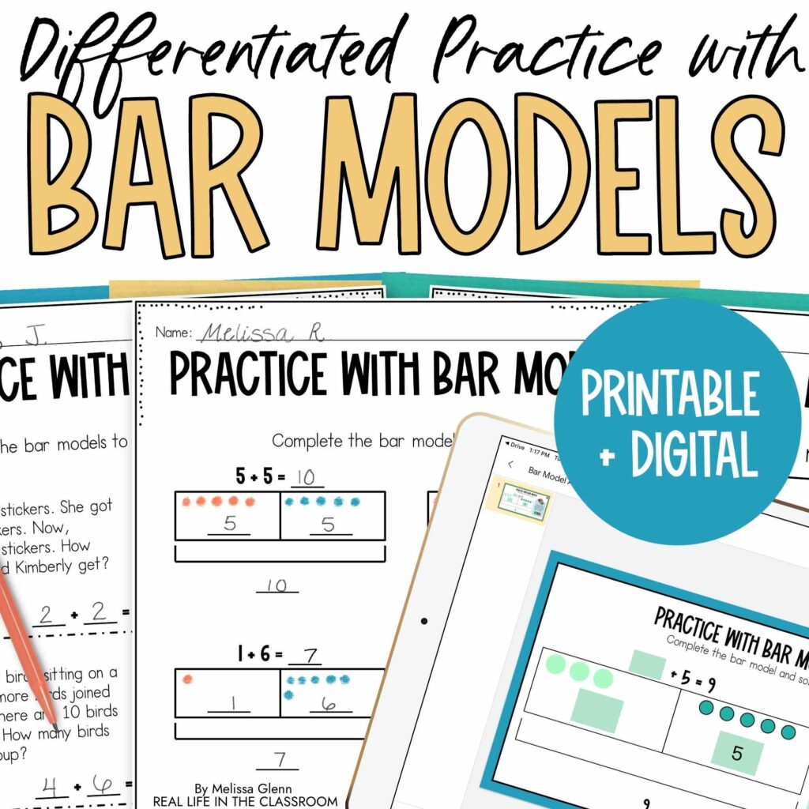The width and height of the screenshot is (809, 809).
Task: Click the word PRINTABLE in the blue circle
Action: [670, 395]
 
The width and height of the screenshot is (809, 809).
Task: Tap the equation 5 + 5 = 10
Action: [277, 476]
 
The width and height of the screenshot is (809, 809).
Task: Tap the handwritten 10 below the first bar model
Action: [277, 585]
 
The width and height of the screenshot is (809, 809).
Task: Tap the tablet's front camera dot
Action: [424, 621]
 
